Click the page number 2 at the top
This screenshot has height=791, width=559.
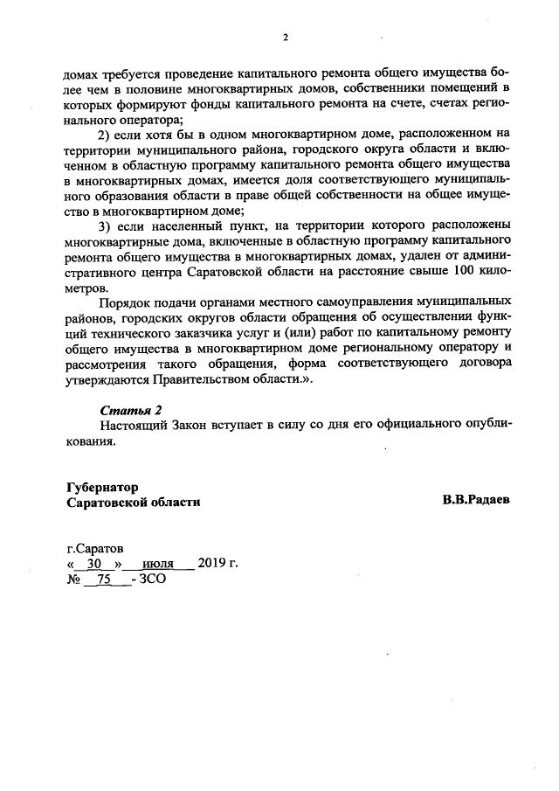[285, 37]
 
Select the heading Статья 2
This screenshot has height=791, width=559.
[131, 410]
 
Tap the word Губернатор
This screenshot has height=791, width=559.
[102, 487]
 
